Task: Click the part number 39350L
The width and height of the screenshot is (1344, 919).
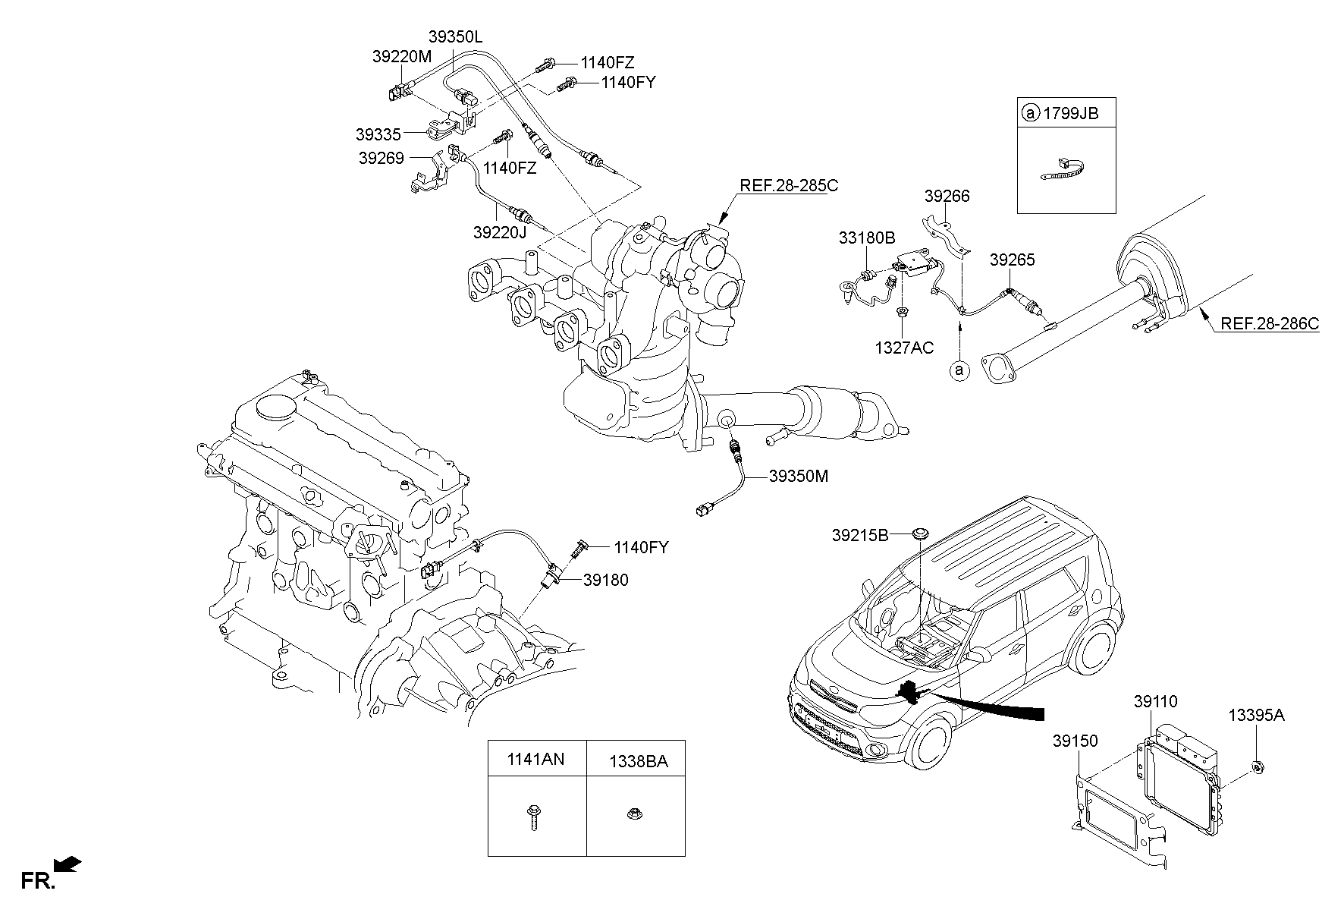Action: pyautogui.click(x=455, y=36)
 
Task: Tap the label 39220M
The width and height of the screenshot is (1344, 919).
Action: pyautogui.click(x=402, y=56)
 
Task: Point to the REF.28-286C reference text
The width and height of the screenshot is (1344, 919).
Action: pyautogui.click(x=1270, y=324)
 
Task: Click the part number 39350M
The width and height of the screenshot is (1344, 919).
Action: pyautogui.click(x=799, y=476)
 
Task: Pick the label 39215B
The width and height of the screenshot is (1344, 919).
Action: pyautogui.click(x=860, y=535)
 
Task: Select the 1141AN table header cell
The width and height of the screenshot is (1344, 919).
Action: pyautogui.click(x=537, y=758)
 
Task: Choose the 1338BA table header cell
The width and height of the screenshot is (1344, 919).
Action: pyautogui.click(x=636, y=758)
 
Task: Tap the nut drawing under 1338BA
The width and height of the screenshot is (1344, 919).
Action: pyautogui.click(x=634, y=814)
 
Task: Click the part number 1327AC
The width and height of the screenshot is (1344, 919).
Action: pyautogui.click(x=904, y=348)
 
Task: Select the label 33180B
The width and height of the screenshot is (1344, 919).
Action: pyautogui.click(x=867, y=238)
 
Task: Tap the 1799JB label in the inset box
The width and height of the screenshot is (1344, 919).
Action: pyautogui.click(x=1070, y=114)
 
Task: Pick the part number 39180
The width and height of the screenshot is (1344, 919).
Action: pyautogui.click(x=606, y=580)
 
